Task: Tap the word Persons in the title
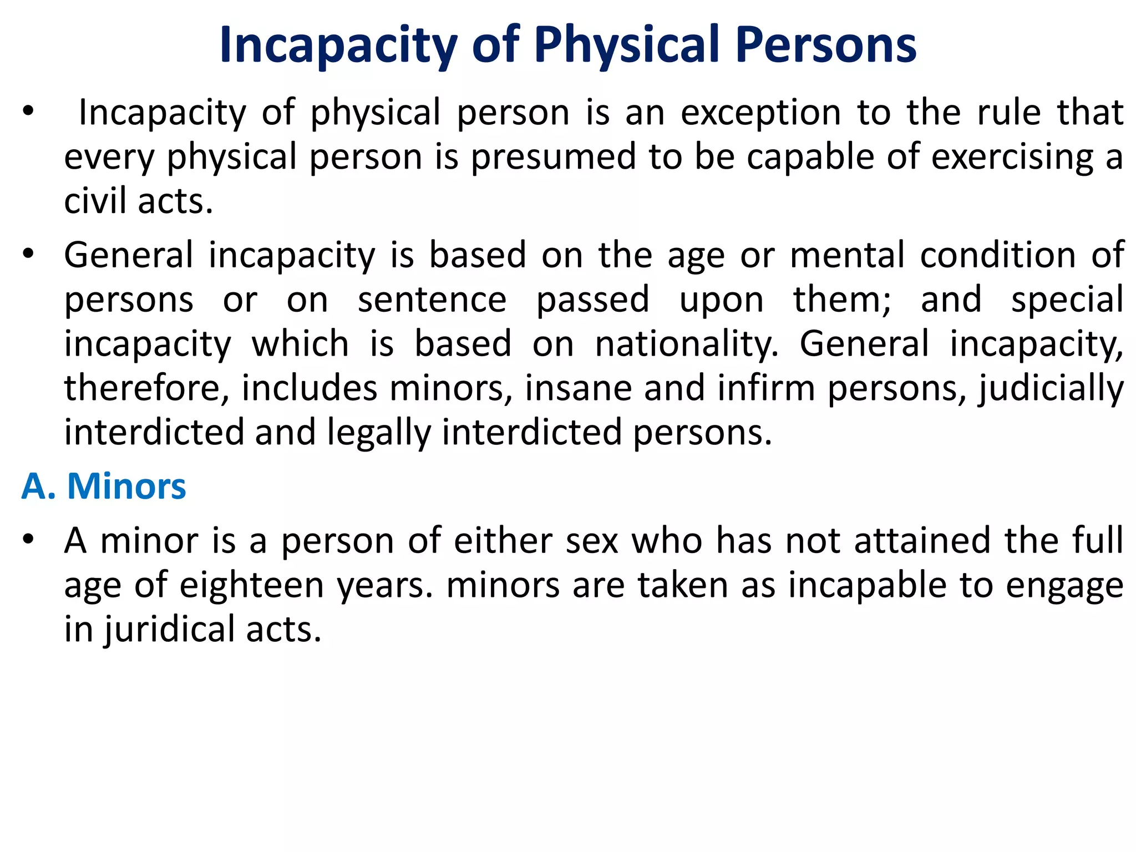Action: (x=826, y=45)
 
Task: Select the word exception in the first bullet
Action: (x=761, y=113)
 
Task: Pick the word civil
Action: (x=95, y=201)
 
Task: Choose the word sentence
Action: (x=432, y=300)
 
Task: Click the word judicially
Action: (x=1051, y=388)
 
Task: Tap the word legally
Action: (x=379, y=433)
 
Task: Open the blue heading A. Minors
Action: (x=104, y=487)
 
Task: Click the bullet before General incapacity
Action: (x=28, y=255)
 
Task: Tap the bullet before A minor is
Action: (x=28, y=540)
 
